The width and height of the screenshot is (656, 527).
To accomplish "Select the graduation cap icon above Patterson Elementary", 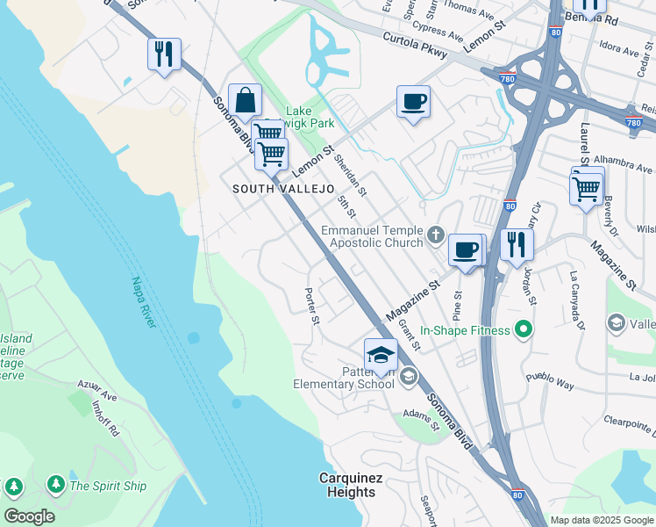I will click(x=381, y=354).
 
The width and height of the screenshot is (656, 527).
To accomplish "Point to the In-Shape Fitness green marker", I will click(x=524, y=330).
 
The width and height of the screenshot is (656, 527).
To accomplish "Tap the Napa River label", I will click(x=143, y=303).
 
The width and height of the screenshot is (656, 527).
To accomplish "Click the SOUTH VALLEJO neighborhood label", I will click(x=283, y=189).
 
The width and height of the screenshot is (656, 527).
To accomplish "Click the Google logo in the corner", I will click(x=29, y=516).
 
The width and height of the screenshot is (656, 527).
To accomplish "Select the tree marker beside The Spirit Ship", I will click(x=55, y=485).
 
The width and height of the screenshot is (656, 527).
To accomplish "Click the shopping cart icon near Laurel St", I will click(x=586, y=187).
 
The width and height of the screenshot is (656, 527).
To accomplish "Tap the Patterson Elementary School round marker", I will click(x=408, y=378).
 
